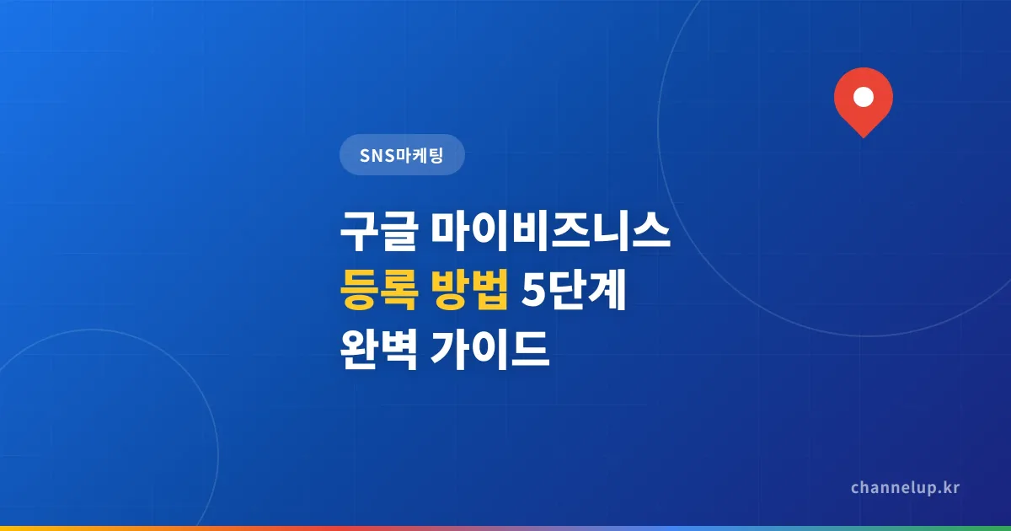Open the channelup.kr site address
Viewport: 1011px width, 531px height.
pyautogui.click(x=905, y=488)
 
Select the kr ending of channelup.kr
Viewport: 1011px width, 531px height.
pyautogui.click(x=950, y=488)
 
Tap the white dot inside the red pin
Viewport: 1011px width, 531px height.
pyautogui.click(x=863, y=97)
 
